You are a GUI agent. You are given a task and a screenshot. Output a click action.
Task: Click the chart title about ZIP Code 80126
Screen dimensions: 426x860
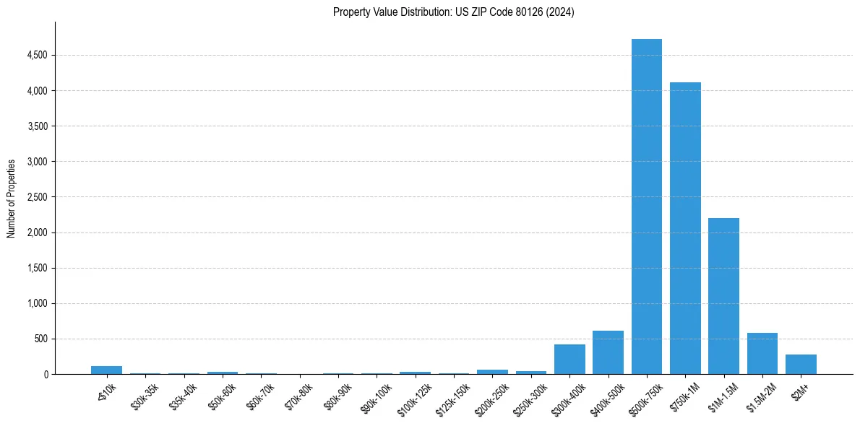click(x=453, y=12)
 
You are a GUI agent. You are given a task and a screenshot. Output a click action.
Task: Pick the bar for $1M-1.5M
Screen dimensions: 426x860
click(x=723, y=296)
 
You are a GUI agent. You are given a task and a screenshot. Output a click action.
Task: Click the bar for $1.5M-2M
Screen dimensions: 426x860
click(x=762, y=354)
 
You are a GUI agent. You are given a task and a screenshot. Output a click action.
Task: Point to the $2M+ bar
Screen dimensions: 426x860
click(x=801, y=365)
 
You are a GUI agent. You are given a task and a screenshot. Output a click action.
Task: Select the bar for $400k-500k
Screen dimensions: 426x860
click(x=608, y=352)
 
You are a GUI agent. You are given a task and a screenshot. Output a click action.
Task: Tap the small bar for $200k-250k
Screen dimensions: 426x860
click(x=492, y=372)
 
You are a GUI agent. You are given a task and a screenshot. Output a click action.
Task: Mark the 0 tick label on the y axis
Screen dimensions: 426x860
click(x=45, y=374)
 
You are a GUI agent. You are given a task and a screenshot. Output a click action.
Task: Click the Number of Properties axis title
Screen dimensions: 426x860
click(x=12, y=199)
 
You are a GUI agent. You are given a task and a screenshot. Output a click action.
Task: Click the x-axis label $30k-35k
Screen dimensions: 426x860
click(x=143, y=394)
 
